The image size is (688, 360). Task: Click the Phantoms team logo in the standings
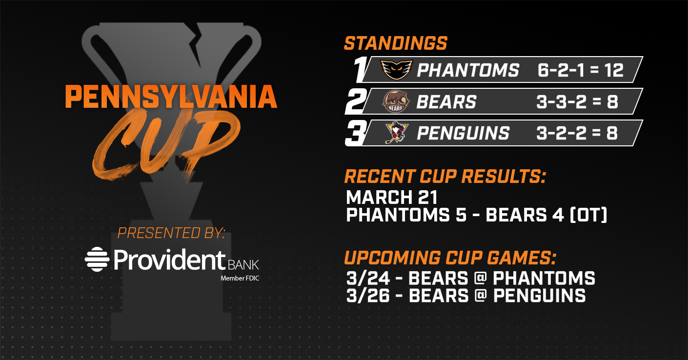pyautogui.click(x=397, y=70)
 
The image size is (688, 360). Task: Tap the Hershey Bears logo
pyautogui.click(x=396, y=101)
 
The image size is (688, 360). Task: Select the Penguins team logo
pyautogui.click(x=397, y=133)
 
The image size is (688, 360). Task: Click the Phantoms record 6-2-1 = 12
pyautogui.click(x=580, y=70)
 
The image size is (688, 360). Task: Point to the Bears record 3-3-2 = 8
pyautogui.click(x=577, y=101)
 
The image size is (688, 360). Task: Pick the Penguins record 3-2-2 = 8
pyautogui.click(x=577, y=133)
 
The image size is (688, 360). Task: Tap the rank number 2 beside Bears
pyautogui.click(x=356, y=101)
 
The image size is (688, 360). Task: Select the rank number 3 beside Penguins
pyautogui.click(x=356, y=133)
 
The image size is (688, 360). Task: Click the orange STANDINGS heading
pyautogui.click(x=396, y=43)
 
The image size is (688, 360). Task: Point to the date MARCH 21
pyautogui.click(x=392, y=197)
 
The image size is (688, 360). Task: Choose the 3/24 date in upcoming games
pyautogui.click(x=368, y=279)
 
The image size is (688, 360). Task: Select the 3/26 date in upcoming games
pyautogui.click(x=368, y=296)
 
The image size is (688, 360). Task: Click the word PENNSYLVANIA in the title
pyautogui.click(x=171, y=97)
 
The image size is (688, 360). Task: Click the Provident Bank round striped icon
pyautogui.click(x=97, y=259)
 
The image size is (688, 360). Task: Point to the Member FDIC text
pyautogui.click(x=240, y=279)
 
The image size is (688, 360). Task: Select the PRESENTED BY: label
pyautogui.click(x=171, y=233)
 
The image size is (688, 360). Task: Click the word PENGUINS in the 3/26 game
pyautogui.click(x=539, y=296)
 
